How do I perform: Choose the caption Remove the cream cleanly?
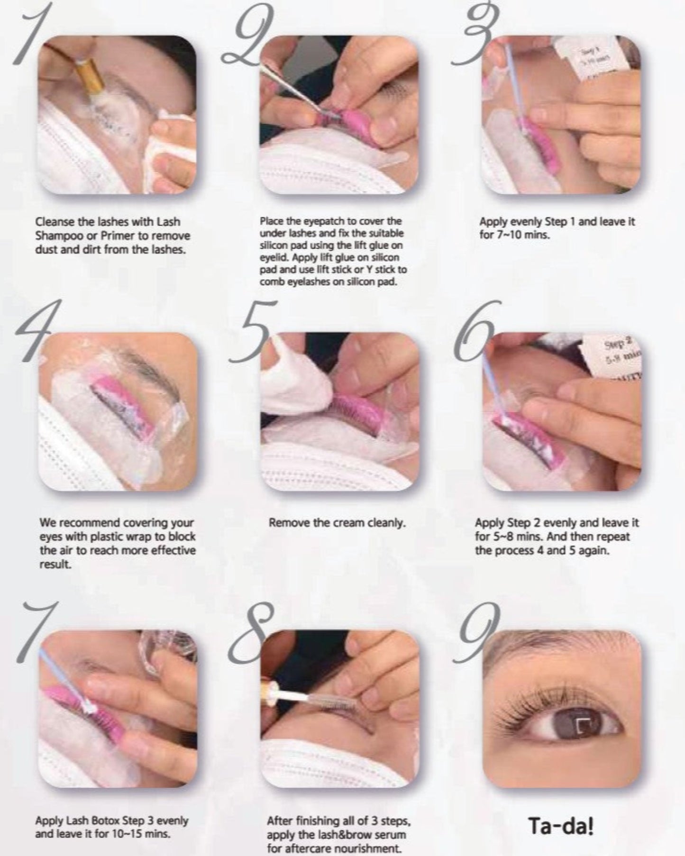pyautogui.click(x=337, y=523)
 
